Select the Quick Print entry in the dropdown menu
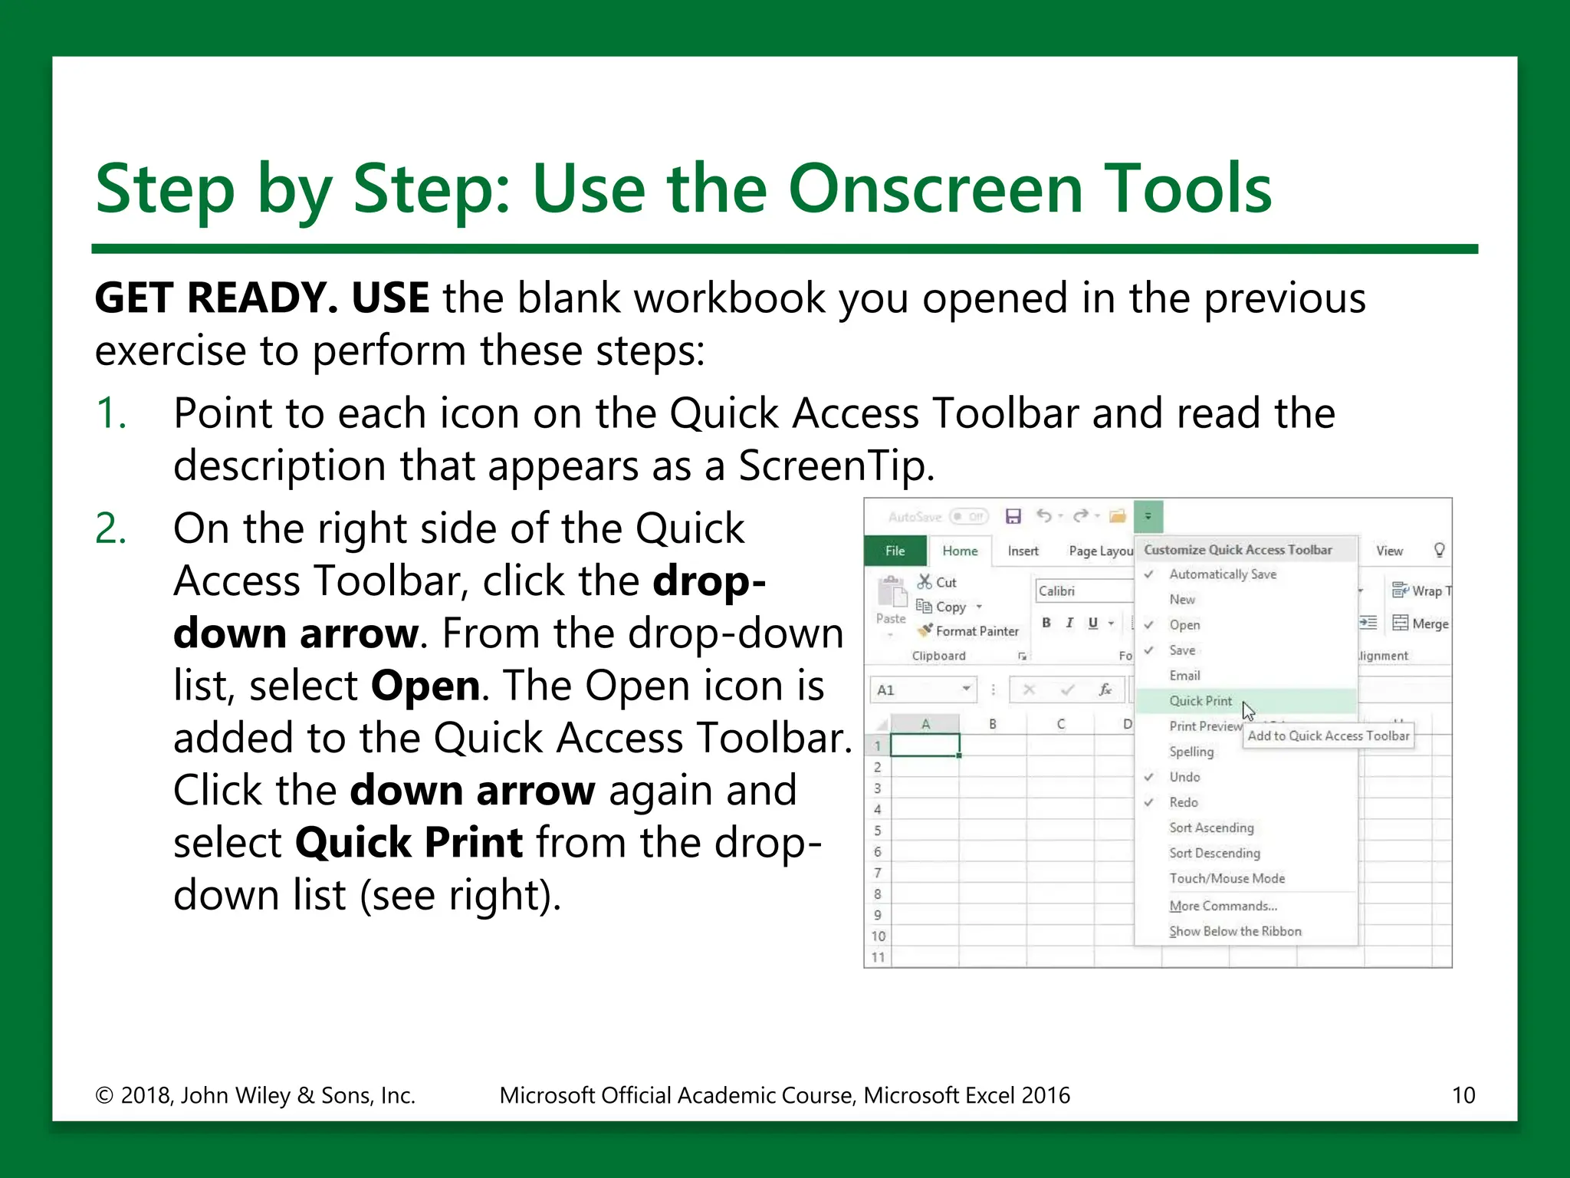point(1200,701)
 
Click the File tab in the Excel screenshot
point(895,551)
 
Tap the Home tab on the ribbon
point(960,551)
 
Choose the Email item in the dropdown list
point(1184,676)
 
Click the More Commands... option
point(1223,906)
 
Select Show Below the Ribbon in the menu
point(1235,931)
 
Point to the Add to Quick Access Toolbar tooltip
point(1328,736)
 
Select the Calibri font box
point(1081,591)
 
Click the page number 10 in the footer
point(1463,1095)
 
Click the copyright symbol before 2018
point(104,1095)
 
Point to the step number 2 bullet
point(111,529)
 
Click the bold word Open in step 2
point(425,686)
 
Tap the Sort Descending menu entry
point(1214,853)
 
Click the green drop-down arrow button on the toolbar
point(1148,516)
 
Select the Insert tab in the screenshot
point(1023,551)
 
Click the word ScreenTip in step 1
point(836,466)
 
